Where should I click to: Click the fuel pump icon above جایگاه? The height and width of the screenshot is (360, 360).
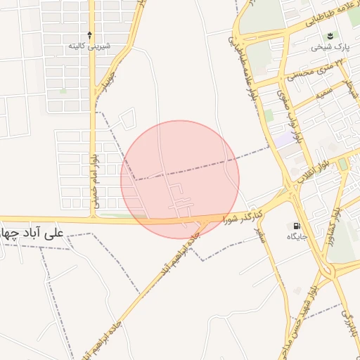(297, 226)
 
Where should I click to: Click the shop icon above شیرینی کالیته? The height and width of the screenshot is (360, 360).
(89, 34)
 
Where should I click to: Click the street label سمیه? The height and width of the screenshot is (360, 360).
(323, 91)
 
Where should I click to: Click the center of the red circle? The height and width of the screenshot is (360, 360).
(180, 179)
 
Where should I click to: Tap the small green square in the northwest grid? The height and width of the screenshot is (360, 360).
(63, 91)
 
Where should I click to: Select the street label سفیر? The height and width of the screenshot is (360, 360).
(260, 236)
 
